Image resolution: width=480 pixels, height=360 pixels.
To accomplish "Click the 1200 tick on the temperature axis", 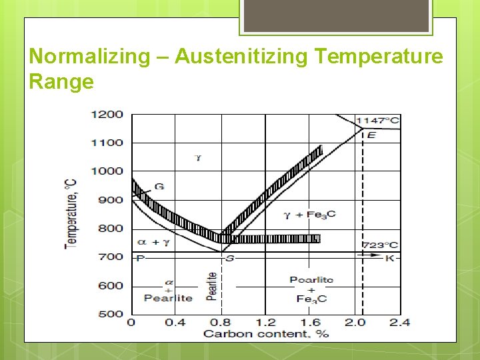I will (107, 114).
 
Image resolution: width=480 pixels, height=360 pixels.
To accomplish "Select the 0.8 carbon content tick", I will (221, 323).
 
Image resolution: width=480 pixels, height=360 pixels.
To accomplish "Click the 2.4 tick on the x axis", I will (399, 323).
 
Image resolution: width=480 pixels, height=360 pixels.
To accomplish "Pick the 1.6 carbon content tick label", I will (310, 323).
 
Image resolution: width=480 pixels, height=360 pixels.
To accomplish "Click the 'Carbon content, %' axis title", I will (266, 333).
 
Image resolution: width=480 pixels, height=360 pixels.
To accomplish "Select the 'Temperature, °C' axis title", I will (70, 213).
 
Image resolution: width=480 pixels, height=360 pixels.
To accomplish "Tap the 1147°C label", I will (378, 121).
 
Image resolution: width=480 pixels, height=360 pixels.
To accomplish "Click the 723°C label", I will (381, 245).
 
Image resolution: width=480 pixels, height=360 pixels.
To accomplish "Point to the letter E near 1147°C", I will (371, 135).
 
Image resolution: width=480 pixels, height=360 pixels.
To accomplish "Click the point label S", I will (229, 258).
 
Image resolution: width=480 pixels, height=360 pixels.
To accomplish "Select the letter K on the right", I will (390, 258).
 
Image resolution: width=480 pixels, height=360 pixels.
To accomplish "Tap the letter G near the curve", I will (159, 187).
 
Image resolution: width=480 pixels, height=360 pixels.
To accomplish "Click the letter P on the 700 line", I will (140, 258).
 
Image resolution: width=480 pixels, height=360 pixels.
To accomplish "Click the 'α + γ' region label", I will (153, 242).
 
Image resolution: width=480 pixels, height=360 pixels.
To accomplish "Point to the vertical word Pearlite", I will (211, 286).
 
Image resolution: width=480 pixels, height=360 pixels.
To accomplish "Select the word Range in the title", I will (61, 82).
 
